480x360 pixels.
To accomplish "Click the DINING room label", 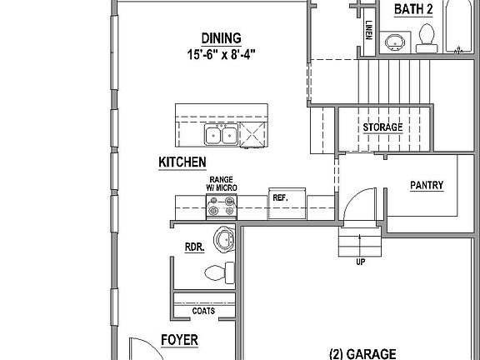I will (x=221, y=37).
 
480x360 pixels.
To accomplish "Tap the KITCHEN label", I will (x=182, y=162).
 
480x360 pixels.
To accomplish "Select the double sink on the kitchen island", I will (x=221, y=133).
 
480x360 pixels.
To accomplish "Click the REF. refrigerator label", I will (x=279, y=198).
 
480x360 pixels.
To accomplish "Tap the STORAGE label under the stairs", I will (x=382, y=127).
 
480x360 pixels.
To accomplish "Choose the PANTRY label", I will (x=426, y=186).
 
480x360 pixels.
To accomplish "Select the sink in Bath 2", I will (x=394, y=42).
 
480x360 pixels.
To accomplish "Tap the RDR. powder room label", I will (x=196, y=247).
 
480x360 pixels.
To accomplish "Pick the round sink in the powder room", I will (x=223, y=240).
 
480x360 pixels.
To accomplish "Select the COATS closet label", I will (x=203, y=311).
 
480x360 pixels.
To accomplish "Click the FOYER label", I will (x=179, y=341).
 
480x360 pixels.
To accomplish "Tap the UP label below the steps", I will (x=360, y=261).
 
